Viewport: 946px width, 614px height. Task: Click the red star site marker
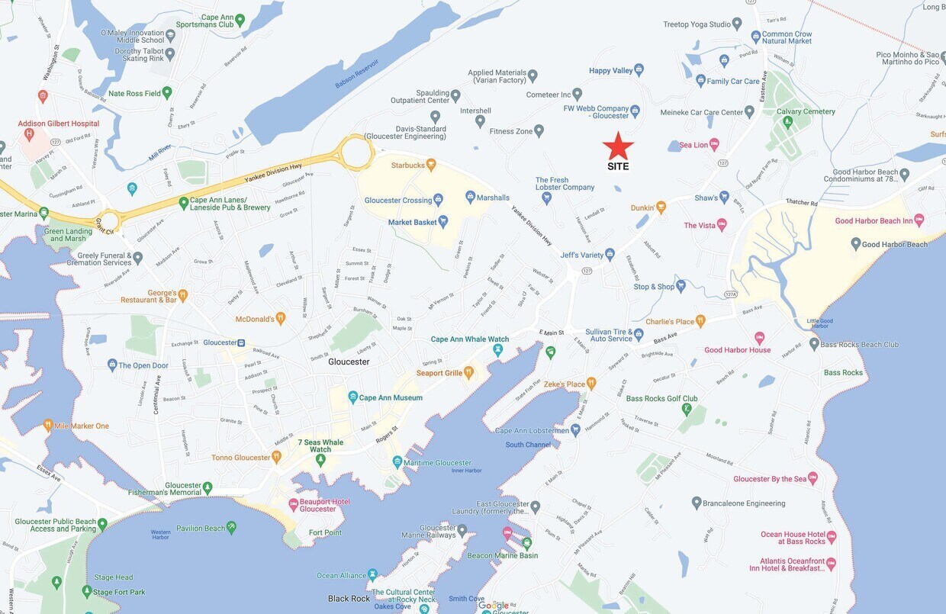click(618, 145)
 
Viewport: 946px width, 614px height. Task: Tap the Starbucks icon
click(431, 164)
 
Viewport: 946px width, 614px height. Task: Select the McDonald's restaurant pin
click(281, 319)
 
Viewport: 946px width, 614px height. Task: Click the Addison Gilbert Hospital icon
click(29, 134)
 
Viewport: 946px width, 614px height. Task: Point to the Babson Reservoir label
click(358, 74)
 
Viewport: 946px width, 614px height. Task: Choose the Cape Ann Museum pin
click(353, 397)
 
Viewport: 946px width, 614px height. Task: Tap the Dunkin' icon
click(661, 207)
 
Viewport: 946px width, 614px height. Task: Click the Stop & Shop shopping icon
click(681, 287)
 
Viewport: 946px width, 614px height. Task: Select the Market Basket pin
click(442, 221)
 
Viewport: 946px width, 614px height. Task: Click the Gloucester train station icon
click(241, 342)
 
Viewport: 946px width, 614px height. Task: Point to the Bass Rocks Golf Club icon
click(687, 410)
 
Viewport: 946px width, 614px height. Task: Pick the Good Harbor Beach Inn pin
click(919, 220)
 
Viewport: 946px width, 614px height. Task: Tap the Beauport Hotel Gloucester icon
click(294, 504)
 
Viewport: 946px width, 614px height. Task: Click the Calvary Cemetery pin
click(787, 121)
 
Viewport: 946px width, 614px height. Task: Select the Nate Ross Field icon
click(167, 93)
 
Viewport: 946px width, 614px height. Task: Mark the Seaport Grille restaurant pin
click(468, 373)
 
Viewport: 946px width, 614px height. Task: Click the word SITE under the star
click(618, 166)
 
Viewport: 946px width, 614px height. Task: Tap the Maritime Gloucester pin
click(397, 462)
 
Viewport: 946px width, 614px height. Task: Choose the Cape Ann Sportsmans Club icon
click(240, 20)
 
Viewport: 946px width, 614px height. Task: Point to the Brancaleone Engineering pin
click(697, 503)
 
